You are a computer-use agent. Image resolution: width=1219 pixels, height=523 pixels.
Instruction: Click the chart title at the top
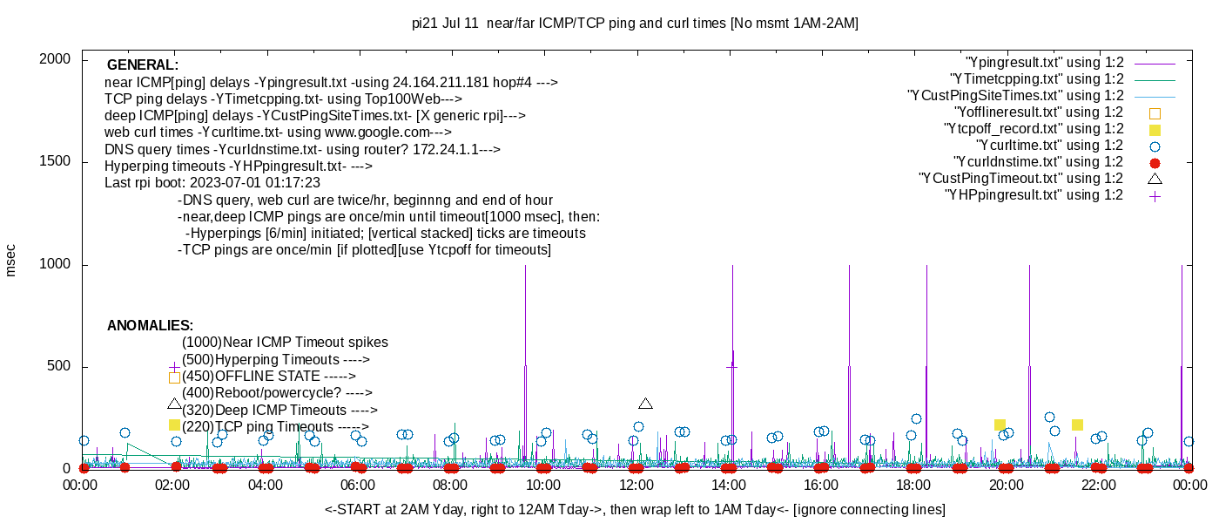coord(635,24)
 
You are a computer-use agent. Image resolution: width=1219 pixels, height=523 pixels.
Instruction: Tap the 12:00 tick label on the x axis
coord(636,486)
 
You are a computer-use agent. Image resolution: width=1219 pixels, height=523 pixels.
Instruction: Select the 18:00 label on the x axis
coord(913,486)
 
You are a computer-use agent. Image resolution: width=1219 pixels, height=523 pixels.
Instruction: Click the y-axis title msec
coord(11,260)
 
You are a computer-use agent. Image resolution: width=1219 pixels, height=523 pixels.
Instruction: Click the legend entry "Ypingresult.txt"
coord(1045,63)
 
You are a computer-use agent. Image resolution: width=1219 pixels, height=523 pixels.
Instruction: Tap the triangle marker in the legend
coord(1155,179)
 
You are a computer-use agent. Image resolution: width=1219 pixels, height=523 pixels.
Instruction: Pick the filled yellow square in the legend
coord(1155,129)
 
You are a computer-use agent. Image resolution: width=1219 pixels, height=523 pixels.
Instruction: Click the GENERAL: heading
coord(143,65)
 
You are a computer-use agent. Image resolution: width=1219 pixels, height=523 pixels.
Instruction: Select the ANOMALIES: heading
coord(150,326)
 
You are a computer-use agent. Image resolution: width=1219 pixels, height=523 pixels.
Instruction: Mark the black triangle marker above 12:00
coord(645,404)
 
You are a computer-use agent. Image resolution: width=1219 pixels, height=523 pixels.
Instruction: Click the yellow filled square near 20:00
coord(1000,425)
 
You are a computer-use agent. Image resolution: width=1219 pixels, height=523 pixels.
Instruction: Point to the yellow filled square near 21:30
coord(1077,425)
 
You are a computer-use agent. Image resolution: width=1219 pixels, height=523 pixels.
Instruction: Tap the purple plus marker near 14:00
coord(731,367)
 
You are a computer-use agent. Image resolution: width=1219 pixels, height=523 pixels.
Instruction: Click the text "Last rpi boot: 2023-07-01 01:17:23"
coord(212,183)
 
